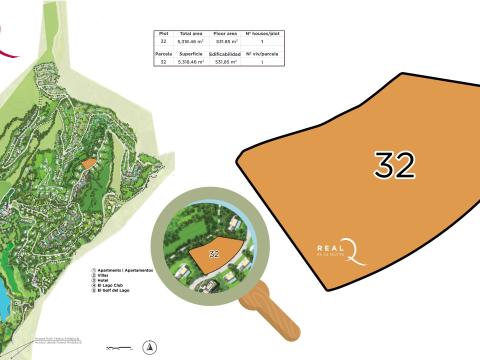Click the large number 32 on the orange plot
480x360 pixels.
pyautogui.click(x=394, y=165)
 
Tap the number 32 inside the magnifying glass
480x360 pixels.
pyautogui.click(x=213, y=254)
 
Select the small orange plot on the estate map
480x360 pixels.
pyautogui.click(x=88, y=163)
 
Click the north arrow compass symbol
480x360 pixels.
pyautogui.click(x=149, y=346)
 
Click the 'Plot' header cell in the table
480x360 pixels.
pyautogui.click(x=163, y=33)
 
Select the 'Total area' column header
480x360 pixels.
pyautogui.click(x=192, y=33)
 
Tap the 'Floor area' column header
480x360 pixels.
pyautogui.click(x=225, y=33)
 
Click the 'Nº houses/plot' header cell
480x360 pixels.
pyautogui.click(x=262, y=33)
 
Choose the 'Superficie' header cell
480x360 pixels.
pyautogui.click(x=192, y=54)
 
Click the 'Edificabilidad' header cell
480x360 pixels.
pyautogui.click(x=225, y=54)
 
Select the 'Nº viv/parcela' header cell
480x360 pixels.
pyautogui.click(x=262, y=54)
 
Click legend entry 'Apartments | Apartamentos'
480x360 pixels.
pyautogui.click(x=123, y=270)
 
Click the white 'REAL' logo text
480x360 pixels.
pyautogui.click(x=329, y=249)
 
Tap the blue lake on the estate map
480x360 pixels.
pyautogui.click(x=4, y=301)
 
